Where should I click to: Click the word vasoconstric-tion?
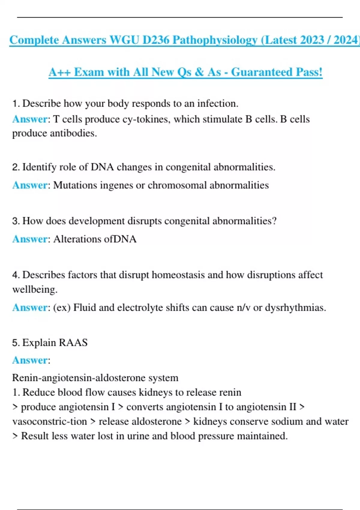(49, 421)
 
